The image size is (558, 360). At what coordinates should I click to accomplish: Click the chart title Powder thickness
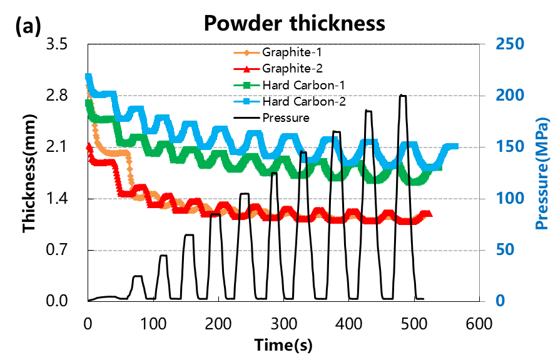(x=294, y=23)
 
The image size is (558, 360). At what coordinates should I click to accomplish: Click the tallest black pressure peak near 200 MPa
(x=403, y=96)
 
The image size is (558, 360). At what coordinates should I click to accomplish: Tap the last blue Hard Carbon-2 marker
(x=455, y=147)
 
